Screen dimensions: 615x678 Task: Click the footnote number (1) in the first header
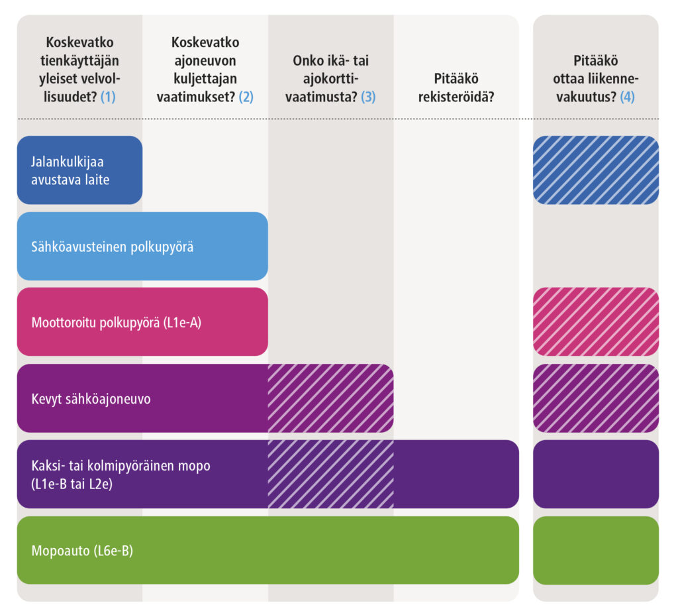pos(108,97)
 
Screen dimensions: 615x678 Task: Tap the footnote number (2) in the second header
pos(246,97)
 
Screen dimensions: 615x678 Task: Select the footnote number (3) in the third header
pos(368,97)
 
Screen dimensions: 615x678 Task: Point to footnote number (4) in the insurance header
pos(627,97)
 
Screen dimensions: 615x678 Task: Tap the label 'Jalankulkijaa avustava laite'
pos(67,170)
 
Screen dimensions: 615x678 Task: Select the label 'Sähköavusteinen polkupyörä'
pos(113,247)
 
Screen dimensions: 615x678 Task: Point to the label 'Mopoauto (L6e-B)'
pos(82,551)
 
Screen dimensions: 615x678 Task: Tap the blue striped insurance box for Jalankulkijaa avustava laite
pos(595,170)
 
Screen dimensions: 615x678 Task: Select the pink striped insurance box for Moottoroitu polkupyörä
pos(595,322)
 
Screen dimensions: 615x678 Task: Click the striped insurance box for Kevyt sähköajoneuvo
pos(595,398)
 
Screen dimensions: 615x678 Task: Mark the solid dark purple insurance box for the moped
pos(595,474)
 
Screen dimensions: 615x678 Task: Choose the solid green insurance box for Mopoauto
pos(595,551)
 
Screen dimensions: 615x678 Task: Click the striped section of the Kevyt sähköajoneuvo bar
pos(330,398)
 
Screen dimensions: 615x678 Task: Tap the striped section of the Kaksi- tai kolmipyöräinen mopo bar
pos(330,474)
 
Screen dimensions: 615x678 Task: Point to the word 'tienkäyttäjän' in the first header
pos(79,61)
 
